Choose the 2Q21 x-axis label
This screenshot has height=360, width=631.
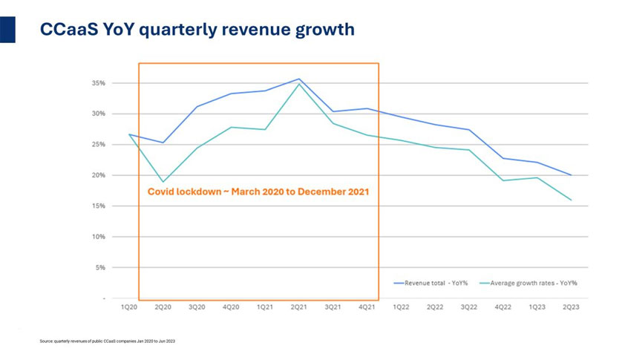coord(298,307)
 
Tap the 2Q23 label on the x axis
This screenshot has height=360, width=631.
coord(571,307)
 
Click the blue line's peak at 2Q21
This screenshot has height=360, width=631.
coord(298,79)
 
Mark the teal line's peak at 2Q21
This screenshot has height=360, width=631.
coord(298,84)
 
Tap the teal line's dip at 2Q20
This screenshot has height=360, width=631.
coord(163,182)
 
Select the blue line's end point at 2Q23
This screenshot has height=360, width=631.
coord(571,175)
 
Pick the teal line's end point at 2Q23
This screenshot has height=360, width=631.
coord(571,200)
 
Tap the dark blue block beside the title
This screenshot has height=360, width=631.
coord(7,29)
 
